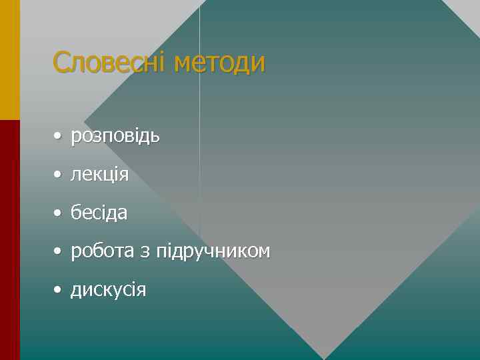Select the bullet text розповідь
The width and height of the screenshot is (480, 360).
[x=115, y=137]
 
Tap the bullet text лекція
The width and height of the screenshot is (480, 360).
[x=99, y=175]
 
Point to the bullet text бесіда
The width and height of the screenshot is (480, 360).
[x=99, y=213]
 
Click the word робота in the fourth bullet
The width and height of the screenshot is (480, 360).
[x=102, y=251]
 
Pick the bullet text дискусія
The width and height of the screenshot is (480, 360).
[x=108, y=290]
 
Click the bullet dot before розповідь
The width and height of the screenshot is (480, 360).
[x=59, y=137]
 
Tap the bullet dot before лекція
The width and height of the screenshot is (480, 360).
[x=59, y=175]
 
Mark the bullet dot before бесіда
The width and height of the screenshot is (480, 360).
[x=59, y=214]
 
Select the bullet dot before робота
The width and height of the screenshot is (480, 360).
[x=59, y=252]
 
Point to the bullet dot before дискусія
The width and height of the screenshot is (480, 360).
[x=59, y=291]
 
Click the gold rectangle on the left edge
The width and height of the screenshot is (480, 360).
[x=10, y=60]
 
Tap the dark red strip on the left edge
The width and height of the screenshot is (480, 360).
[x=10, y=240]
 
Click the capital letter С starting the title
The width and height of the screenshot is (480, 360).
[x=61, y=63]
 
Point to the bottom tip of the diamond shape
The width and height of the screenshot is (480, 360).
[x=324, y=357]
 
